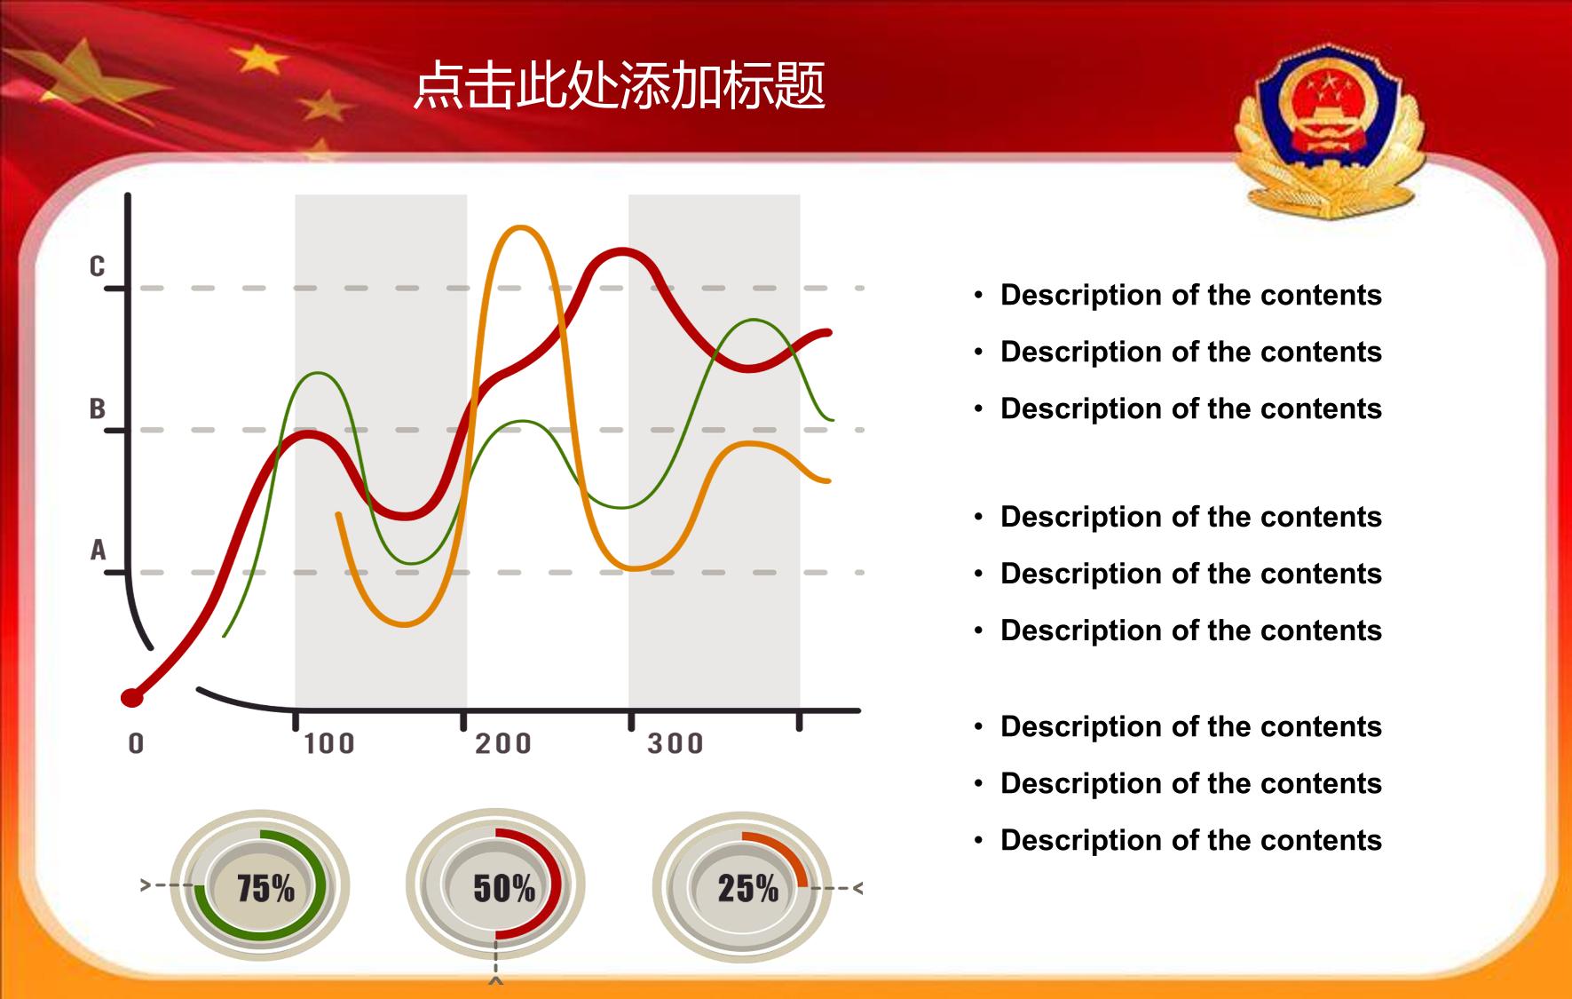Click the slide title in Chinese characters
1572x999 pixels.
click(x=620, y=86)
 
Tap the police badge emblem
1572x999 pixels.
click(x=1329, y=134)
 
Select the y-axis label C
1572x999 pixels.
click(x=97, y=266)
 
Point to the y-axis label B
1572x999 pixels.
click(x=97, y=408)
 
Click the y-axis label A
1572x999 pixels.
click(x=98, y=551)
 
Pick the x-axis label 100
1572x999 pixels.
click(x=329, y=743)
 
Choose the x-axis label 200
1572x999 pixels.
click(x=503, y=743)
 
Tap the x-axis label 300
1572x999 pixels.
click(x=675, y=743)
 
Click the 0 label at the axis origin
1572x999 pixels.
click(x=136, y=743)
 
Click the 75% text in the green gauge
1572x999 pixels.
click(x=265, y=888)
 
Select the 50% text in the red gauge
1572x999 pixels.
click(x=504, y=888)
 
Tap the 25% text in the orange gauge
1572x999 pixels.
click(x=748, y=888)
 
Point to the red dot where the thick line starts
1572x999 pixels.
click(x=132, y=698)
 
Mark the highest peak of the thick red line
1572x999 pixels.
click(x=623, y=253)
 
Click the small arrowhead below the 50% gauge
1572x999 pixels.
click(x=496, y=980)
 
